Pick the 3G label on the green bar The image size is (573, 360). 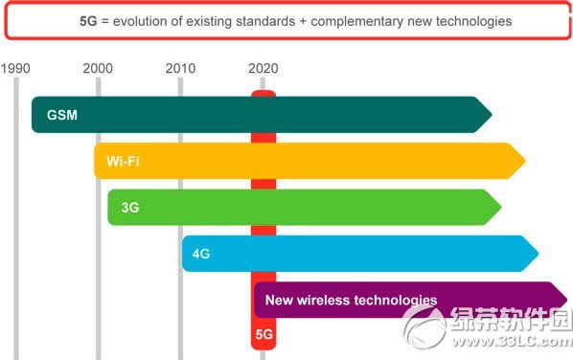(x=131, y=208)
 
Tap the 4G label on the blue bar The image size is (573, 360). (x=201, y=254)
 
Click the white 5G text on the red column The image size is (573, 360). (x=264, y=336)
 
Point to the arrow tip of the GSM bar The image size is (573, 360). (x=491, y=115)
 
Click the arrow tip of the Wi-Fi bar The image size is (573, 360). (x=525, y=161)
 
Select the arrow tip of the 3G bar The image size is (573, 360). (x=501, y=208)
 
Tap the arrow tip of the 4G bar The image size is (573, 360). (x=538, y=254)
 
